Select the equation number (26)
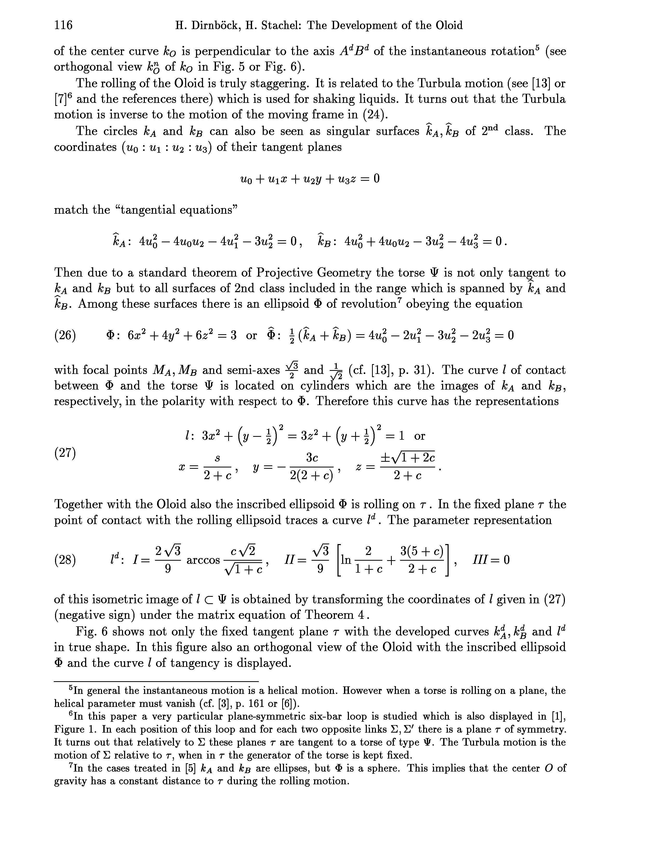[65, 336]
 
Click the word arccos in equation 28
[203, 560]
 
